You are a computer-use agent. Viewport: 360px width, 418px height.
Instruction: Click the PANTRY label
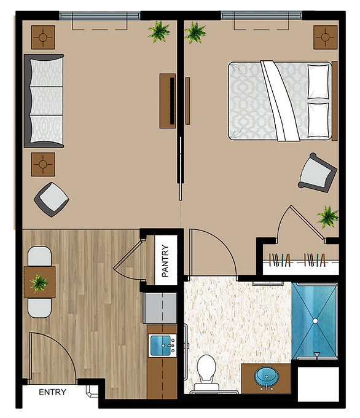coord(165,261)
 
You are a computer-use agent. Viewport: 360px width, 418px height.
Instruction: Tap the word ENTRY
coord(52,392)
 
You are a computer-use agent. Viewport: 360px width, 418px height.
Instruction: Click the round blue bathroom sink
coord(267,376)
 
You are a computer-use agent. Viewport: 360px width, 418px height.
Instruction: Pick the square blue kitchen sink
coord(160,345)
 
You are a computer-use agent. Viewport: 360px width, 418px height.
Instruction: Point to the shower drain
coord(315,321)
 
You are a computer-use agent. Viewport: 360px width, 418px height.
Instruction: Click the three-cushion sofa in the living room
coord(44,101)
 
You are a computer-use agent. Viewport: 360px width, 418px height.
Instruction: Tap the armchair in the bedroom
coord(318,173)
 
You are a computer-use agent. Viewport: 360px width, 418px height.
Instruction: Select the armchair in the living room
coord(52,199)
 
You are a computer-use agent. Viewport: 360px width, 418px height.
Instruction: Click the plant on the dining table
coord(39,283)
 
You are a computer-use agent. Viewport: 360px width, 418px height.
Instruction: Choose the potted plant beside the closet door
coord(327,216)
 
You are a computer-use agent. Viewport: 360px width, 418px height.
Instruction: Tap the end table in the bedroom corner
coord(326,37)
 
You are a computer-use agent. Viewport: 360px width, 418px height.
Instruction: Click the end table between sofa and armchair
coord(43,165)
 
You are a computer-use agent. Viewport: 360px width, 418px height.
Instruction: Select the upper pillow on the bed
coord(318,82)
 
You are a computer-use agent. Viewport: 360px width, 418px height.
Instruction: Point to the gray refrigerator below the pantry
coord(160,308)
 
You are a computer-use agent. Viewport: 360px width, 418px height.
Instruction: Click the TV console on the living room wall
coord(168,101)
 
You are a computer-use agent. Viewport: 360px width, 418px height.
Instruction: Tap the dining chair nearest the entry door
coord(40,308)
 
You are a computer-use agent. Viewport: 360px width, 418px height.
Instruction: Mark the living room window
coord(100,16)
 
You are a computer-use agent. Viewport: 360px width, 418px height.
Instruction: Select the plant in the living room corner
coord(159,32)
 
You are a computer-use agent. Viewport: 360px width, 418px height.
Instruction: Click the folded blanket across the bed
coord(280,101)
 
